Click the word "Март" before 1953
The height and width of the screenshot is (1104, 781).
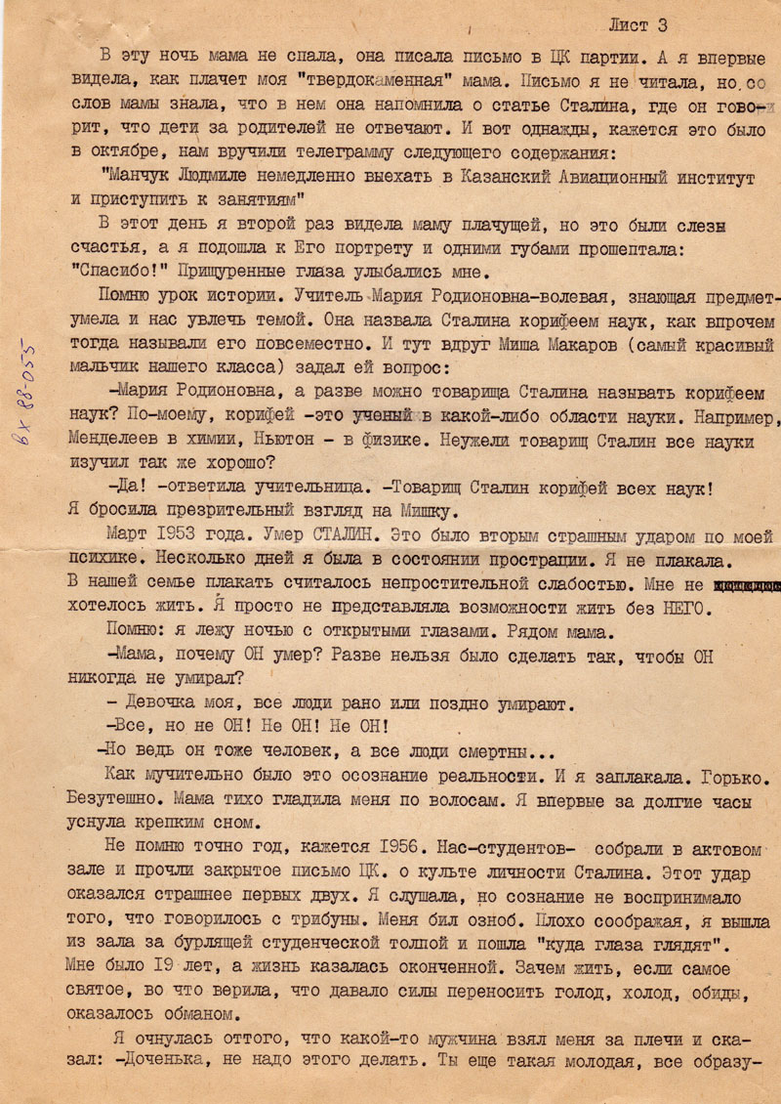click(x=129, y=535)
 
